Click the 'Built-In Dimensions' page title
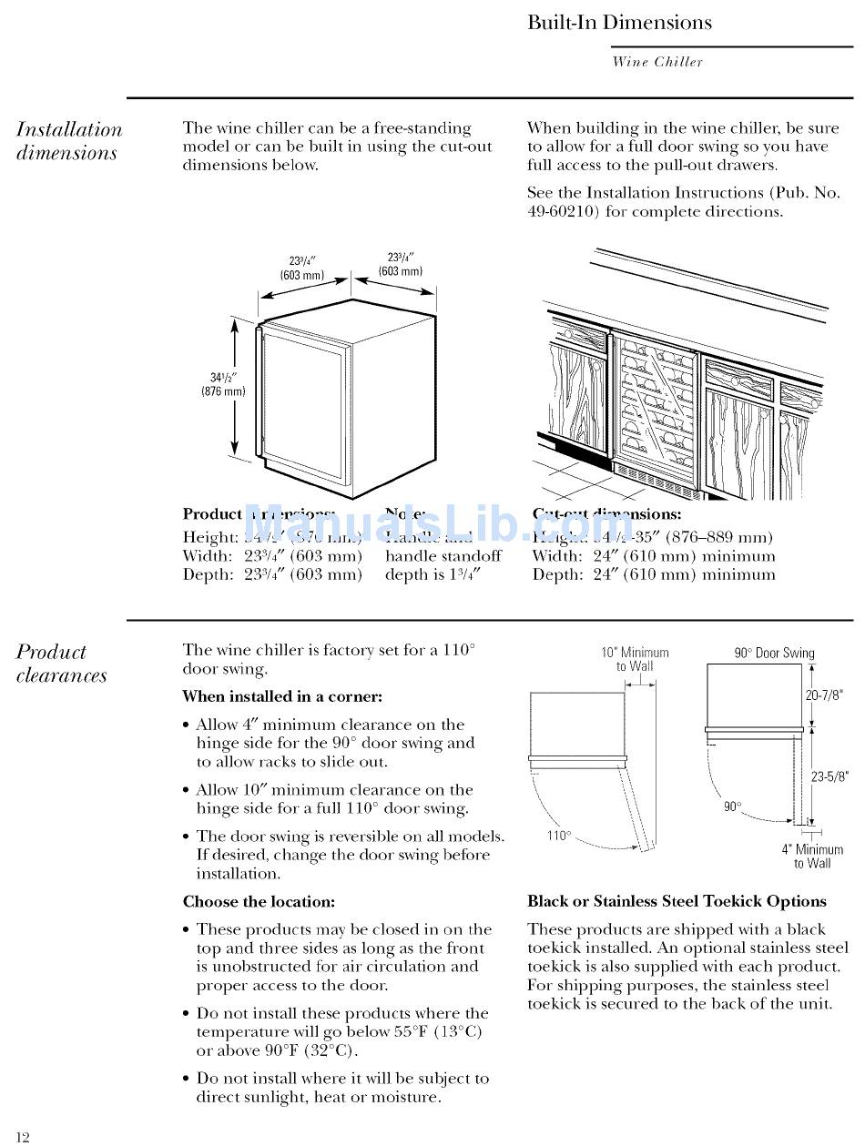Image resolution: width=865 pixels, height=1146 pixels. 619,23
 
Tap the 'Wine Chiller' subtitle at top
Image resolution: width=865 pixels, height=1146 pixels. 657,62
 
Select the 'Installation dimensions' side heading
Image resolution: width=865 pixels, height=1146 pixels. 68,141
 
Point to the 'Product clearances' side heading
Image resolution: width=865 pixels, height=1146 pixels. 61,664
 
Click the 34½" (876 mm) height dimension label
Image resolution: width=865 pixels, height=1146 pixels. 223,384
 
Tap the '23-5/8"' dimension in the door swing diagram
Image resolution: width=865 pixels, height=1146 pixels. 829,776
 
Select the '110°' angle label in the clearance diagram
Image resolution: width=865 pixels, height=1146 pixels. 558,836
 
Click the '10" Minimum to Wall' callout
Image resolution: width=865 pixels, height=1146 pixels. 635,659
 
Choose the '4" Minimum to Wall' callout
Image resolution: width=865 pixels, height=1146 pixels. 812,856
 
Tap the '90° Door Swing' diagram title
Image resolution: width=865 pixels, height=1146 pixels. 774,653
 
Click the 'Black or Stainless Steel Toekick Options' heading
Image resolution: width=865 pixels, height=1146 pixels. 677,901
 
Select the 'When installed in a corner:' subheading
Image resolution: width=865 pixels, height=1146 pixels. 282,696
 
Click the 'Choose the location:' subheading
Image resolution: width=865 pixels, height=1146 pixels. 259,902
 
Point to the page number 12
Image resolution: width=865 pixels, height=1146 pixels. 23,1136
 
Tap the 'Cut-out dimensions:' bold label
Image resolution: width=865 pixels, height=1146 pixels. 606,514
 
